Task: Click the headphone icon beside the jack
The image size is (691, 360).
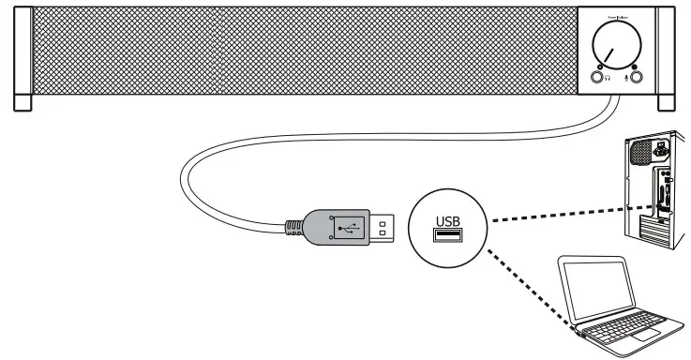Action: (x=608, y=78)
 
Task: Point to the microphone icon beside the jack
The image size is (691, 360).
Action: (x=626, y=78)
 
